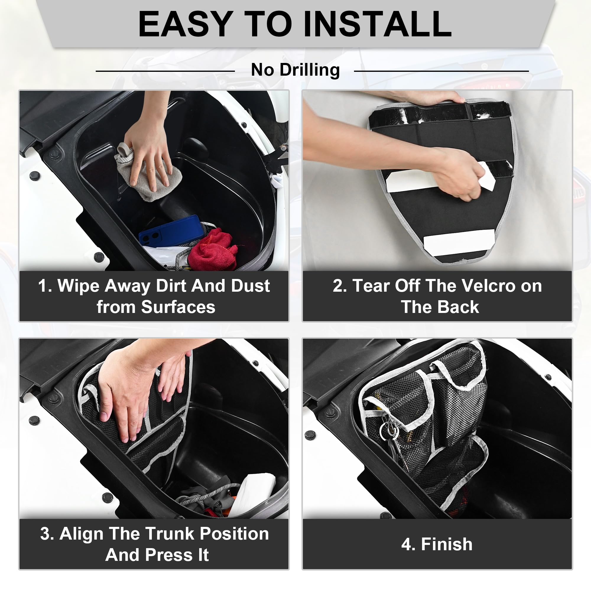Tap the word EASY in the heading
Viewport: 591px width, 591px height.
(184, 24)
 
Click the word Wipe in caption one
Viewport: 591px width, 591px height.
(78, 286)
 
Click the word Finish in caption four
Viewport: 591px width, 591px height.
(447, 545)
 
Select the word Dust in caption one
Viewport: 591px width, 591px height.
(250, 286)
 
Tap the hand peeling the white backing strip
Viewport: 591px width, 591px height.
(456, 174)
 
